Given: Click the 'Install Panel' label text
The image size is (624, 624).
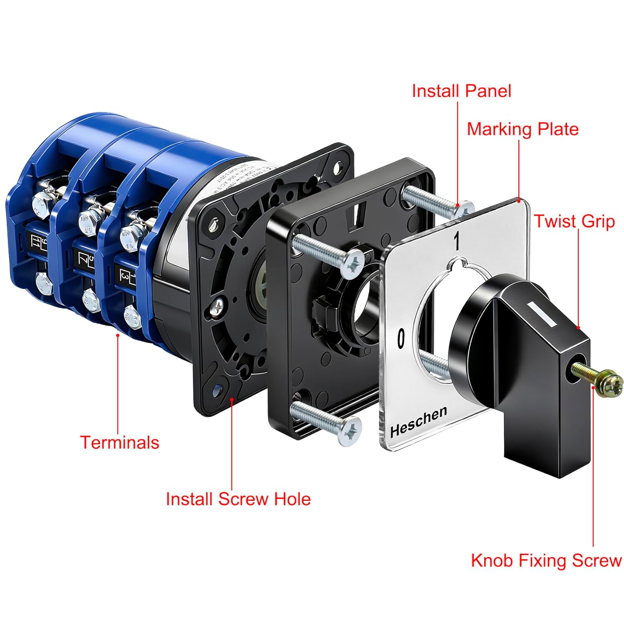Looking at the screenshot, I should tap(461, 91).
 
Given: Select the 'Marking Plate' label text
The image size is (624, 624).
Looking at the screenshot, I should tap(522, 129).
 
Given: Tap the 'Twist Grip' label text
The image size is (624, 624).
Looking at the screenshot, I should tap(574, 221).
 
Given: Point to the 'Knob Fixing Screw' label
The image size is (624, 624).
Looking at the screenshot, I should tap(546, 560).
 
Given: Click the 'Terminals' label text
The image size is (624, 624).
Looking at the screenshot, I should tap(119, 442).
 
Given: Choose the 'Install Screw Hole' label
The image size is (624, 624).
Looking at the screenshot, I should tap(238, 499).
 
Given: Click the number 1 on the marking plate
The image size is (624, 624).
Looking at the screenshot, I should tap(456, 241).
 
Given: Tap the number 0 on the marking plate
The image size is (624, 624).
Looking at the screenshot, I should tap(401, 338).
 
